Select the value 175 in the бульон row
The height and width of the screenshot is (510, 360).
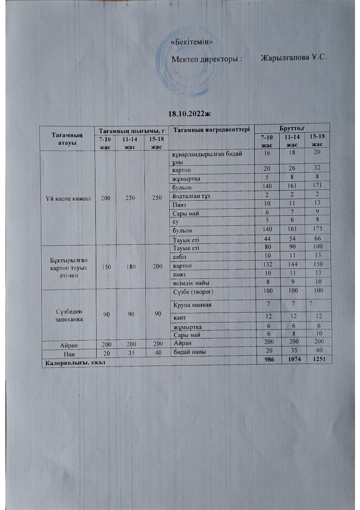pyautogui.click(x=316, y=230)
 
